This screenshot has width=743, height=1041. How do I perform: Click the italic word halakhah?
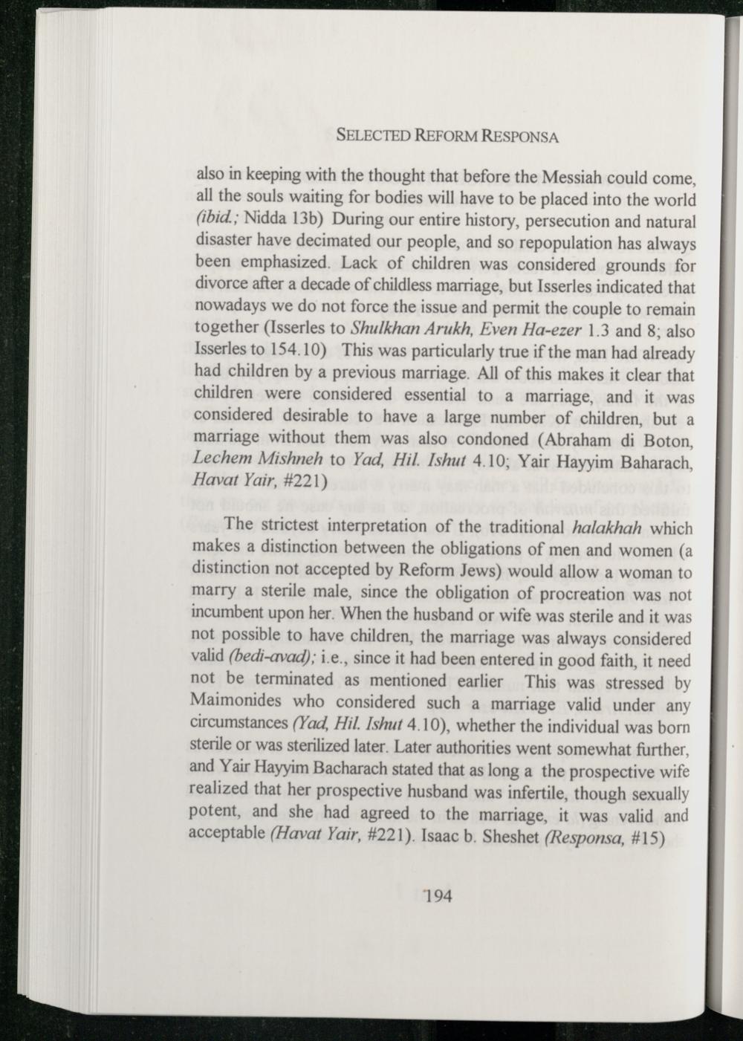pos(608,528)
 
